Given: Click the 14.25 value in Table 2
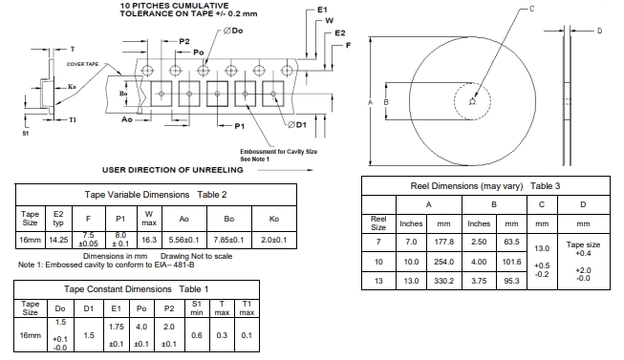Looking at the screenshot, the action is click(x=58, y=241).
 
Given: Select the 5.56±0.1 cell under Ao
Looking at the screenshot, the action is click(x=183, y=241).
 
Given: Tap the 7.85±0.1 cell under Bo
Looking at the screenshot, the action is click(x=228, y=241).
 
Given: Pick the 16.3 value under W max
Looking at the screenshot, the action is click(x=149, y=241).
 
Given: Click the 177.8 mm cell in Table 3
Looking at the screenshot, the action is click(x=443, y=242).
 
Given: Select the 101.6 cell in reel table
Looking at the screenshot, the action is click(x=511, y=262).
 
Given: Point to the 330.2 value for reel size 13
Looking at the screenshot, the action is click(x=443, y=281).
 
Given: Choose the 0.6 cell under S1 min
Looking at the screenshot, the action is click(x=197, y=335).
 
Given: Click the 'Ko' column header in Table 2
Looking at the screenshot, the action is click(x=274, y=219).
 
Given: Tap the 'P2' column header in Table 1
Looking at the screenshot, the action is click(x=169, y=308).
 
